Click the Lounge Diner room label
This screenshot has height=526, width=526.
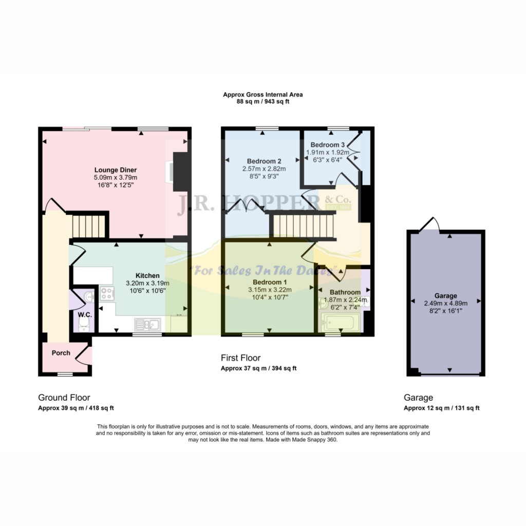115,170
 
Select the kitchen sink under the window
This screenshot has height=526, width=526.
147,324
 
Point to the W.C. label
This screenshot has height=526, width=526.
84,314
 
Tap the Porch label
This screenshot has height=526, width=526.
61,353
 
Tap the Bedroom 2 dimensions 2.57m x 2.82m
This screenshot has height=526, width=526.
264,168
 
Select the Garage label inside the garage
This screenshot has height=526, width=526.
445,296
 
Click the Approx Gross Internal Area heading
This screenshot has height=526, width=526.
262,95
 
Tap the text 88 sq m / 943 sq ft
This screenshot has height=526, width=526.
262,102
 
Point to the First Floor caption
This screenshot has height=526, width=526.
240,358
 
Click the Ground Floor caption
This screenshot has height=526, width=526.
64,398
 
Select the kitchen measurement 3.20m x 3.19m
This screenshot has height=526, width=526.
147,283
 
